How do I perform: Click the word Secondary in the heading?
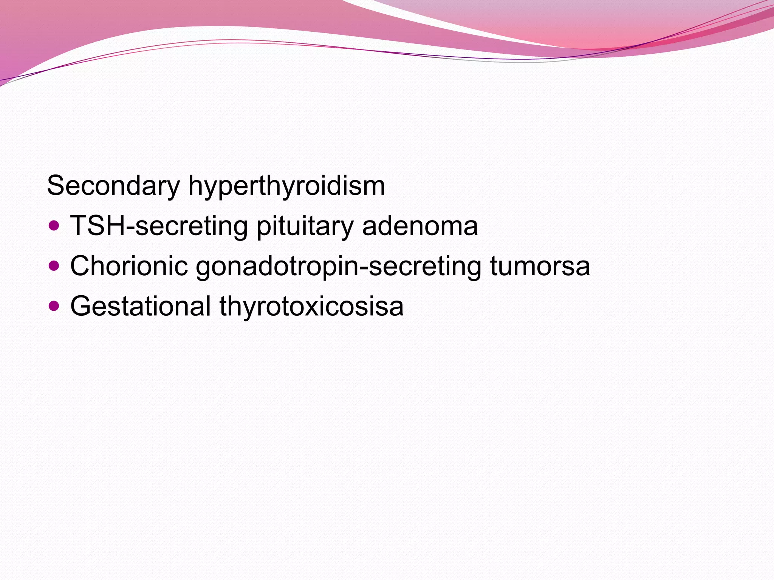[113, 186]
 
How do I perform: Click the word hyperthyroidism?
[286, 186]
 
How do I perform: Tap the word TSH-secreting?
[159, 226]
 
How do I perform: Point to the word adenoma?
[420, 226]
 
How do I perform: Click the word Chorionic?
[129, 266]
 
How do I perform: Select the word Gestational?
[140, 306]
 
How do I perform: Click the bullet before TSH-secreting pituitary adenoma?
[54, 226]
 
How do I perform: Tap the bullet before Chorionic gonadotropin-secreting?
[54, 266]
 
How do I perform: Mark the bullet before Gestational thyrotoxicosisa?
[54, 305]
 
